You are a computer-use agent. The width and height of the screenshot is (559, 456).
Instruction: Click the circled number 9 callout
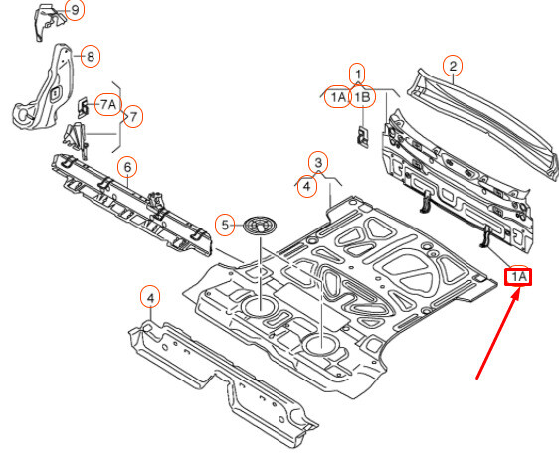coord(75,10)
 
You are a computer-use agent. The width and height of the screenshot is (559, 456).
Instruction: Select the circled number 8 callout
coord(91,56)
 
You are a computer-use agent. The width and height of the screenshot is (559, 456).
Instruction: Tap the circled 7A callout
coord(108,105)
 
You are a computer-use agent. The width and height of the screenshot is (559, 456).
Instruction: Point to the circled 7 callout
coord(133,116)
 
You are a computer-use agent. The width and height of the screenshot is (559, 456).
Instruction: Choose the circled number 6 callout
coord(128,167)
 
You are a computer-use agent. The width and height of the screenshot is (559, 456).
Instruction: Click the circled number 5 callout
coord(225,225)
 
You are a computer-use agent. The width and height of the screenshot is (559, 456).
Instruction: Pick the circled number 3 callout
coord(318,162)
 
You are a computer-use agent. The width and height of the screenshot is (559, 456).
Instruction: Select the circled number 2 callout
coord(453,66)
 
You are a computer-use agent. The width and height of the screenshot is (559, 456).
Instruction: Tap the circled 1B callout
coord(363,96)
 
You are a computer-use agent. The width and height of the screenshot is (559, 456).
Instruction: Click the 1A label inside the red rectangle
coord(518,277)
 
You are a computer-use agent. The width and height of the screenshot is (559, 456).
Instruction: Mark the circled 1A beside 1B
coord(337,96)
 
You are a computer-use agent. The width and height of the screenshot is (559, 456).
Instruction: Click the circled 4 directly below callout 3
coord(307,186)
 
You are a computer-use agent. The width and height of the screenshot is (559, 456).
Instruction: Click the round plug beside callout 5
coord(261,226)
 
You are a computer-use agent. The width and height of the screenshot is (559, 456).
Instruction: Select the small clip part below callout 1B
coord(363,135)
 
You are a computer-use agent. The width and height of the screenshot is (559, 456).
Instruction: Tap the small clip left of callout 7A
coord(84,107)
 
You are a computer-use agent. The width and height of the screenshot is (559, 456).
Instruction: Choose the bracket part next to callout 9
coord(49,21)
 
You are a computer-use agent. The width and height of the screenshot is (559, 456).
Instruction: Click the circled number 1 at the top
coord(358,74)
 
